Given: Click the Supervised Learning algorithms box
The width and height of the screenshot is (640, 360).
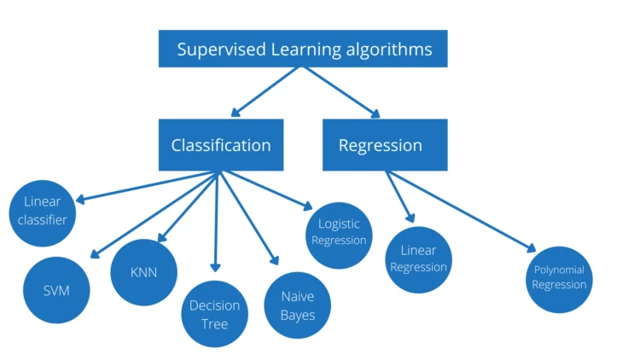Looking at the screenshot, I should (x=303, y=49).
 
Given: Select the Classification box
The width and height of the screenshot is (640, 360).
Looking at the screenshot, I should (x=220, y=145).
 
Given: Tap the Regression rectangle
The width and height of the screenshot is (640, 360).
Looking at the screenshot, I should (x=384, y=145).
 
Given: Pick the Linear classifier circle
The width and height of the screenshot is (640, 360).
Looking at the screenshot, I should (x=43, y=211).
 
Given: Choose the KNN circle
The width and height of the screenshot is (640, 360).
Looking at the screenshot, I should (x=144, y=272).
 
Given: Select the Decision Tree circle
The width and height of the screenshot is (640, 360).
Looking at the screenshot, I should (x=215, y=313).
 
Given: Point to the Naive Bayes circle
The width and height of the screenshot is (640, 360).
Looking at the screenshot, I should (x=298, y=305).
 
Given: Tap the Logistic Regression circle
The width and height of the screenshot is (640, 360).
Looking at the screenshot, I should (x=339, y=232).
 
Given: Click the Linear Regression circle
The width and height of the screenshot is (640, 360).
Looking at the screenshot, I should (x=418, y=258).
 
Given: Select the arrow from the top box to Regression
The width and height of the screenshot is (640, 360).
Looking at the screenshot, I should (x=341, y=90).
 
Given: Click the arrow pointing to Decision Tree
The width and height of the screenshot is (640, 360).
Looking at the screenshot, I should (x=217, y=222).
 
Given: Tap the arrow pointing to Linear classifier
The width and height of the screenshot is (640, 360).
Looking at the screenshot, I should (x=145, y=187).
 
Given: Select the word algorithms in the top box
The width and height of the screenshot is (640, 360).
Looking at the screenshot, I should (x=391, y=49).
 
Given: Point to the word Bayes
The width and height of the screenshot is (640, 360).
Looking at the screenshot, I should (x=298, y=315).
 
